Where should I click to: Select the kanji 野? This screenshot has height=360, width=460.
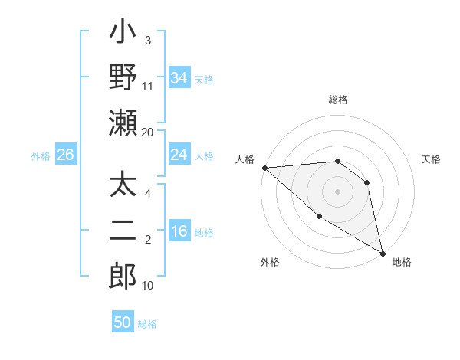click(x=123, y=78)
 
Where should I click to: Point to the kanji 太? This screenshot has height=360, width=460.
click(x=123, y=187)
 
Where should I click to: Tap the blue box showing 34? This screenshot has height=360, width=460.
click(x=179, y=77)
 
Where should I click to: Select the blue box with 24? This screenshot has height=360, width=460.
click(x=179, y=155)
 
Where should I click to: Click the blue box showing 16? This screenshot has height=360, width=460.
click(x=179, y=232)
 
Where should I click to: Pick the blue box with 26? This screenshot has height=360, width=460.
click(x=65, y=155)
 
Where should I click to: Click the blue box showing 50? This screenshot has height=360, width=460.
click(x=123, y=322)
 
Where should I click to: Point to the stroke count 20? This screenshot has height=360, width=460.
click(x=148, y=133)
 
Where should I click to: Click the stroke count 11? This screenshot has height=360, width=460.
click(x=148, y=86)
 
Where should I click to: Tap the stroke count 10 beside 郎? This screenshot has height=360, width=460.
click(x=148, y=286)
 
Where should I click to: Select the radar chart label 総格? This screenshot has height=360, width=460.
click(x=337, y=100)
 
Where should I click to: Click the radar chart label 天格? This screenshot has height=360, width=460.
click(x=431, y=159)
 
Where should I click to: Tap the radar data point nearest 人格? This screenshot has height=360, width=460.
click(x=264, y=167)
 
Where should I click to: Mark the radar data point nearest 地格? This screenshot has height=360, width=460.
click(x=383, y=253)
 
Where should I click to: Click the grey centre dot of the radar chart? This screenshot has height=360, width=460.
click(x=337, y=191)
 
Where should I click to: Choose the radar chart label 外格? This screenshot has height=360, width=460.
click(x=270, y=262)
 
